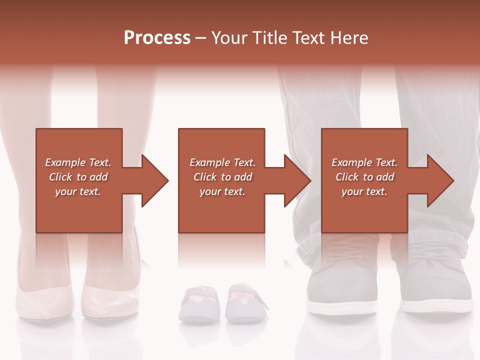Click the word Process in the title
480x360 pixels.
157,37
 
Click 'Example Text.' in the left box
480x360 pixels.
78,162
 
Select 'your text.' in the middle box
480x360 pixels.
222,191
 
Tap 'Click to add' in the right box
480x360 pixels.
364,177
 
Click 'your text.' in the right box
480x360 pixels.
364,191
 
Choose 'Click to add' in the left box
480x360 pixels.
78,177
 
